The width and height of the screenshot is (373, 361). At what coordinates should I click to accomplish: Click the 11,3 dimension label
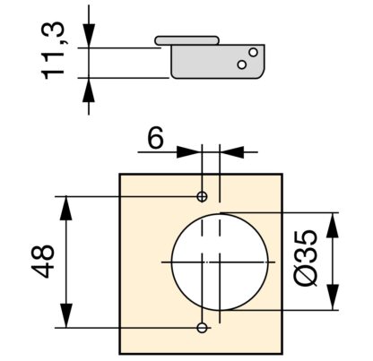[x=53, y=51]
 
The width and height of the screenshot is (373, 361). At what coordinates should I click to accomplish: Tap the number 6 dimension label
[x=156, y=138]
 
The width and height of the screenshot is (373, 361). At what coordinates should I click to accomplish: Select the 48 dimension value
[x=43, y=262]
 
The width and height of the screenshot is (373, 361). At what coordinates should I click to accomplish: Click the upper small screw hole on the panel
[x=202, y=196]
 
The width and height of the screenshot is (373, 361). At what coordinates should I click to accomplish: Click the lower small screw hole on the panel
[x=202, y=328]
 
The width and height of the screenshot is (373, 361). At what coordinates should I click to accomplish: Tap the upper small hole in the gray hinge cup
[x=253, y=52]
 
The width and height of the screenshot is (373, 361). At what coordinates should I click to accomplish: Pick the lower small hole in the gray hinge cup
[x=242, y=64]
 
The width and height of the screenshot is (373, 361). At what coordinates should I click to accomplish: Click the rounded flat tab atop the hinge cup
[x=187, y=40]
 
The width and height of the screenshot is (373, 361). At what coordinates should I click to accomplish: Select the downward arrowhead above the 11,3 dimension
[x=89, y=35]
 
